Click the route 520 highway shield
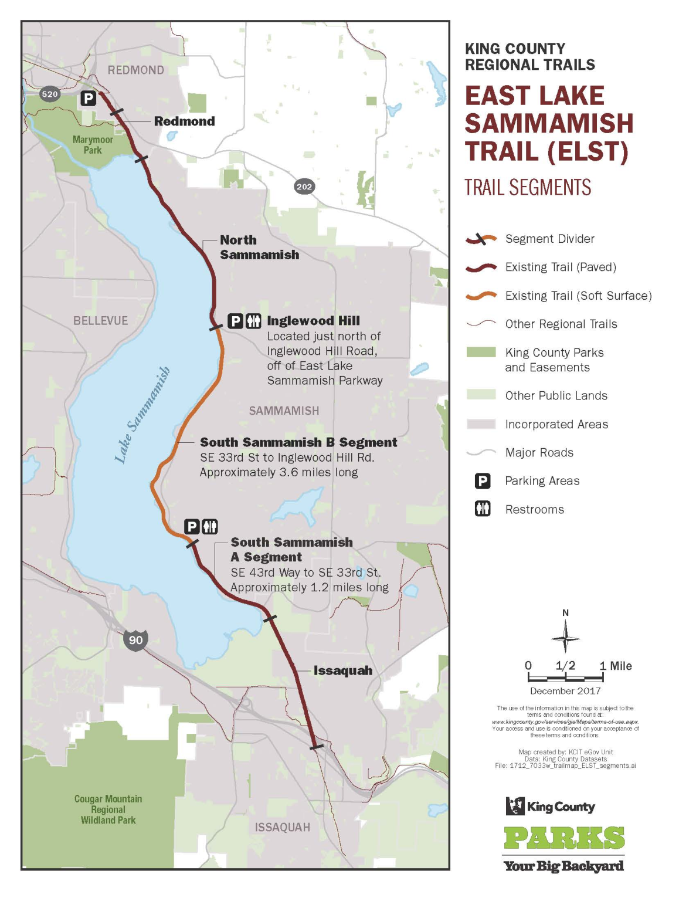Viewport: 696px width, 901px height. (x=50, y=94)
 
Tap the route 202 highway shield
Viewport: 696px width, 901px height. (x=304, y=187)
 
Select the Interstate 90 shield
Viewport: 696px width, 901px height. (x=135, y=639)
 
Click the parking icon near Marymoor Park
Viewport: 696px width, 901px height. (x=89, y=98)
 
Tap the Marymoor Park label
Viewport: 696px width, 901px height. (x=93, y=145)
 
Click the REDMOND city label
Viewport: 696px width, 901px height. (x=135, y=70)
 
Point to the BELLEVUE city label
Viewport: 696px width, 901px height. (x=100, y=321)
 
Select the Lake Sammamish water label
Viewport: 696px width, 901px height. (x=142, y=415)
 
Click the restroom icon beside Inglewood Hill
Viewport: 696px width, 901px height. (x=253, y=321)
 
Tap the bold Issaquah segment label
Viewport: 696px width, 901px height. (x=343, y=670)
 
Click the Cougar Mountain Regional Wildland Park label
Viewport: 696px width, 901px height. (x=108, y=809)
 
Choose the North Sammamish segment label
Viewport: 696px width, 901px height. (x=259, y=247)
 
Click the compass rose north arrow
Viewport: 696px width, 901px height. (x=565, y=637)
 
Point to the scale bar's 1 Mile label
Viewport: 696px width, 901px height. (x=616, y=666)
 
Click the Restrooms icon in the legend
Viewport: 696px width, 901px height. (x=483, y=509)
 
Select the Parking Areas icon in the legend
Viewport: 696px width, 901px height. (x=483, y=481)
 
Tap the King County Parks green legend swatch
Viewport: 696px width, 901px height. (x=481, y=352)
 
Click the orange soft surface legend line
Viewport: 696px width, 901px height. (x=481, y=296)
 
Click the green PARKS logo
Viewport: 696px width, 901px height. (x=564, y=838)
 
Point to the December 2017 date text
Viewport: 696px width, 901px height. (x=565, y=690)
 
